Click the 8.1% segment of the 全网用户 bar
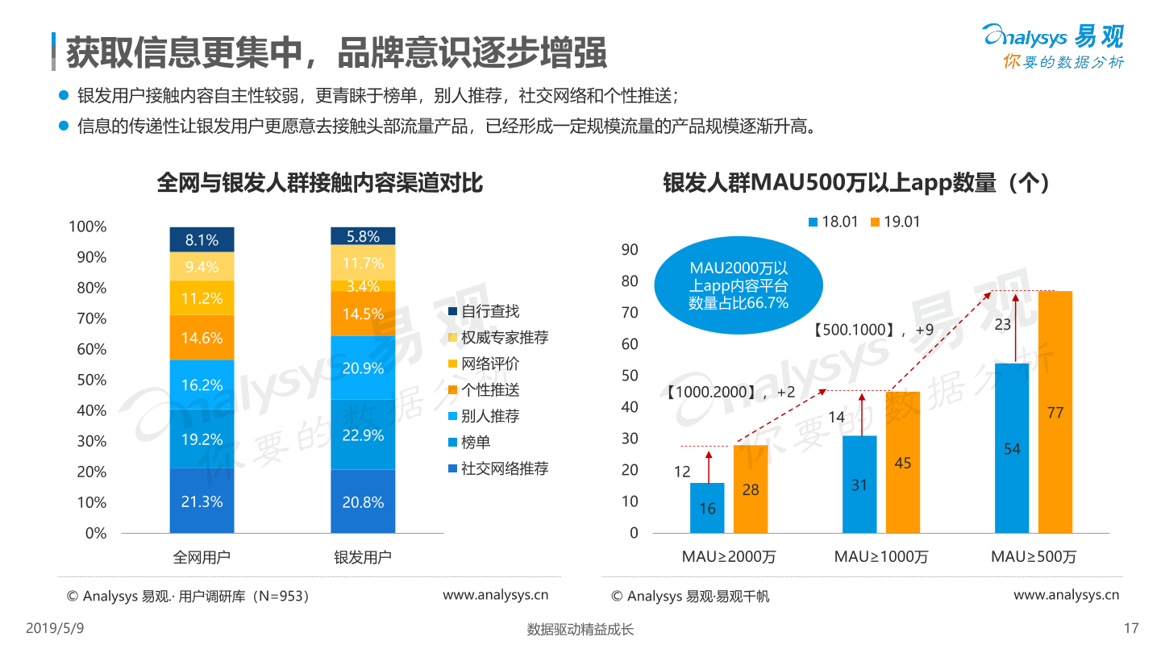click(202, 239)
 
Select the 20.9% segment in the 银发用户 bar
click(363, 367)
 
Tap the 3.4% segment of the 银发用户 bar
click(363, 286)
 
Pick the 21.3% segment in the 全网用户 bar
click(202, 501)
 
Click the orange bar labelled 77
click(1055, 412)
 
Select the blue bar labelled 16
click(707, 508)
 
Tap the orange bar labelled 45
click(903, 462)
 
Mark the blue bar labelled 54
click(1012, 448)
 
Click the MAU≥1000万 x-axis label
click(880, 557)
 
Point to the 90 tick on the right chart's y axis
click(630, 250)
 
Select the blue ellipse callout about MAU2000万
click(739, 285)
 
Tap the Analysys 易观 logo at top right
click(1053, 45)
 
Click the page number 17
click(1130, 629)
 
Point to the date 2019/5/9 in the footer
click(56, 629)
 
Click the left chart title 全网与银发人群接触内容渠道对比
click(320, 183)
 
